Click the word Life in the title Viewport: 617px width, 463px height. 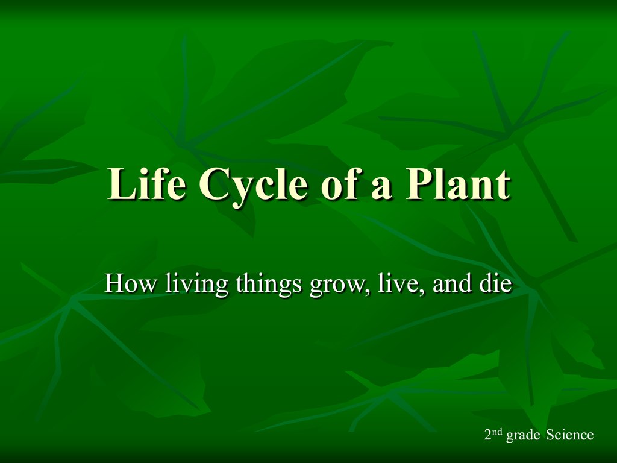[146, 183]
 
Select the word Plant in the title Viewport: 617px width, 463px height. [458, 183]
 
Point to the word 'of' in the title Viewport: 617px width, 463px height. [340, 183]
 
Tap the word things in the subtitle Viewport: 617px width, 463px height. [269, 285]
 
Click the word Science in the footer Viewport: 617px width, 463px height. [570, 435]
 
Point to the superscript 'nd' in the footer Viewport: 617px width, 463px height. [498, 432]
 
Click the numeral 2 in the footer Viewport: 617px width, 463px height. [488, 435]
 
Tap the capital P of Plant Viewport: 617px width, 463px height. [420, 183]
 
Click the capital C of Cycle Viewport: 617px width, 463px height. [215, 184]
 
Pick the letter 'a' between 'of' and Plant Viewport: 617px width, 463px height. [381, 188]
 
